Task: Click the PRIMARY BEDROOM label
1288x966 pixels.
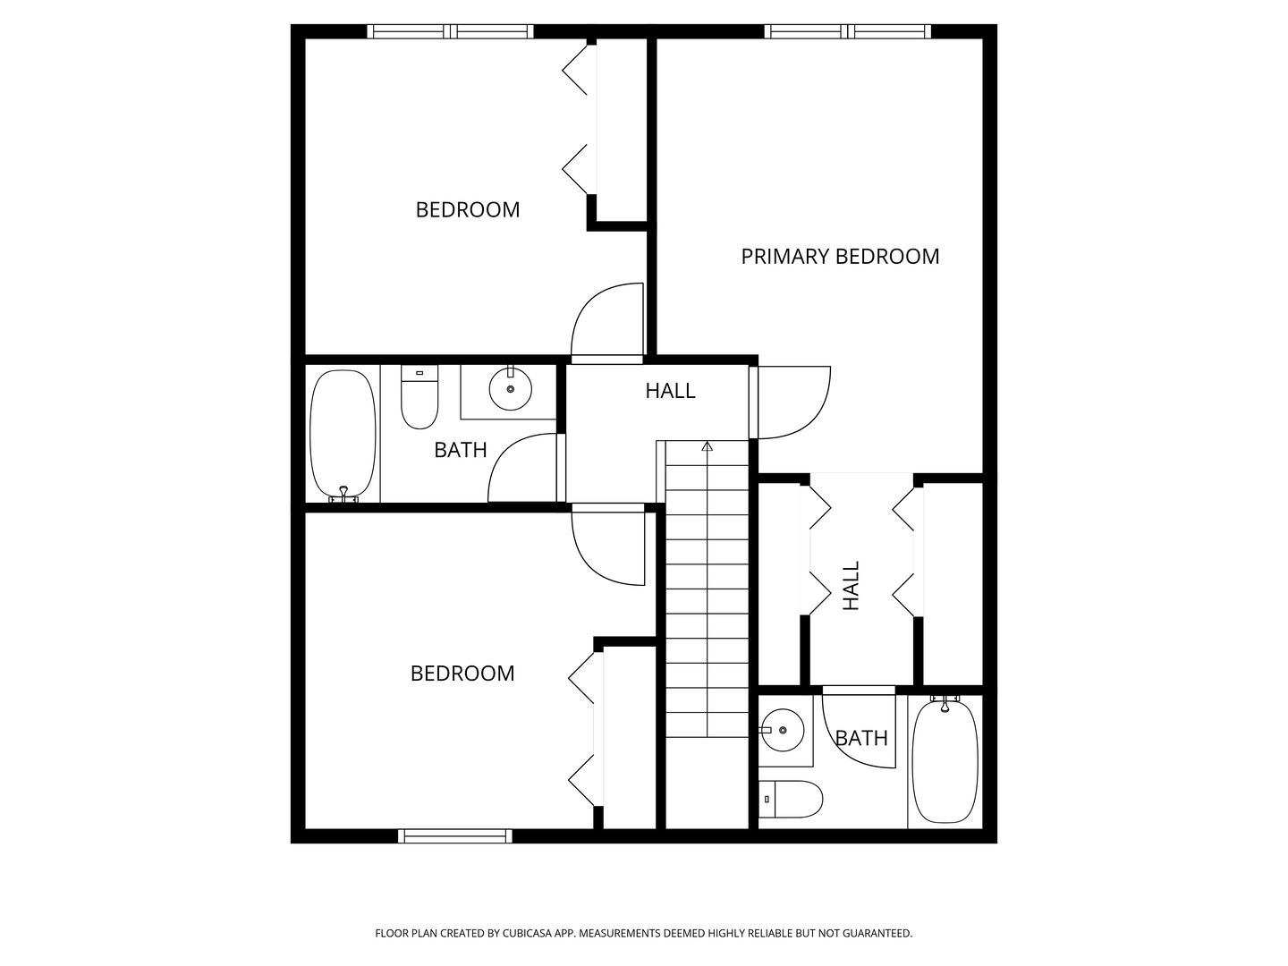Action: click(840, 257)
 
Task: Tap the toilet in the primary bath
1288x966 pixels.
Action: click(791, 799)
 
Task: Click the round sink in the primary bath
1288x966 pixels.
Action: click(782, 730)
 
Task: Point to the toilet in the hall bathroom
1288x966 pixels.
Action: click(419, 397)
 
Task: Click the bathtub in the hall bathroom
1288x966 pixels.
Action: click(343, 435)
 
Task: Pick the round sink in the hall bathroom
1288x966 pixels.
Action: click(511, 388)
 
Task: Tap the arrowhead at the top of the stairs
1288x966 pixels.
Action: click(708, 446)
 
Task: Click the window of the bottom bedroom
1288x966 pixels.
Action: click(454, 835)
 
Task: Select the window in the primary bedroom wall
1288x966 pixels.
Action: click(847, 31)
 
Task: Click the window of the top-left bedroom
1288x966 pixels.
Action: click(451, 31)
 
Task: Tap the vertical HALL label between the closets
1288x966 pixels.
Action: click(851, 585)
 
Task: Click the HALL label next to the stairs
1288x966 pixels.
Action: click(670, 391)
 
